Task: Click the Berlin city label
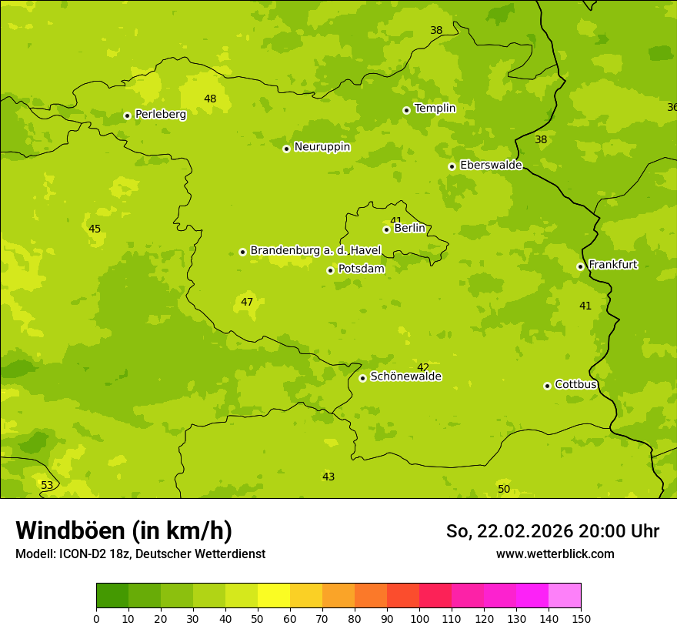coord(409,229)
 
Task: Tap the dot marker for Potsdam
coord(330,270)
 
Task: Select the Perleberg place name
coord(160,115)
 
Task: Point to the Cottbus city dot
coord(547,386)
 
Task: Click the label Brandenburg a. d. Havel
coord(315,251)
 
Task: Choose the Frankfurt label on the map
coord(612,265)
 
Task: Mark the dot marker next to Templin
coord(406,110)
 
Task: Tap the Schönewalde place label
coord(405,376)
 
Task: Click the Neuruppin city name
coord(322,147)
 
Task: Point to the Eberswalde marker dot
coord(452,166)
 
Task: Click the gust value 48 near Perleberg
coord(210,99)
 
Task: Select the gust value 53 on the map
coord(47,485)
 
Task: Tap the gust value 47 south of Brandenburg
coord(247,302)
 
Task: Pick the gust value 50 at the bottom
coord(504,489)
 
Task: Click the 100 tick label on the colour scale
coord(419,618)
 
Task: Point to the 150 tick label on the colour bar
coord(581,618)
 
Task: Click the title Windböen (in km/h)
coord(124,530)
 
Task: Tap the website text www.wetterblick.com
coord(555,554)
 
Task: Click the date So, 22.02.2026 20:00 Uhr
coord(552,531)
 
